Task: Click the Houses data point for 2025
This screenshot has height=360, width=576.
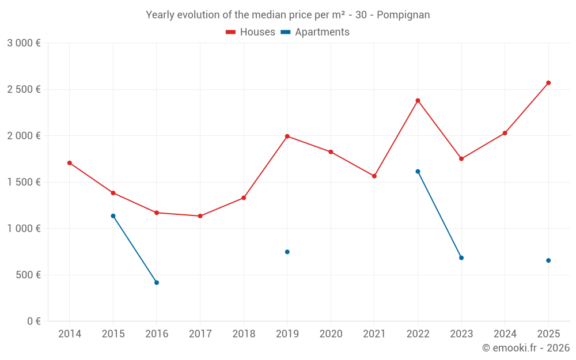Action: click(x=548, y=83)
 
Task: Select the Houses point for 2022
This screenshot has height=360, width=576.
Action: click(x=418, y=100)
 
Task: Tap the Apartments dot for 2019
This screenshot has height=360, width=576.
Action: click(x=287, y=252)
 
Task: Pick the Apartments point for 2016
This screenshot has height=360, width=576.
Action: click(x=157, y=282)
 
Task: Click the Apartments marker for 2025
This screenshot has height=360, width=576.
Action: click(x=548, y=260)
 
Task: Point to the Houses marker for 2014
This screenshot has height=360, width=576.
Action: click(x=70, y=163)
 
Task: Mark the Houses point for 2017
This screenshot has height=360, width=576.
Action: click(x=200, y=216)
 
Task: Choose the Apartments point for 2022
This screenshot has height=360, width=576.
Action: click(x=418, y=172)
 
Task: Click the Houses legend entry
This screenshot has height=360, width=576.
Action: click(x=251, y=32)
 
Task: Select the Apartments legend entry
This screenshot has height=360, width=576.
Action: click(x=316, y=32)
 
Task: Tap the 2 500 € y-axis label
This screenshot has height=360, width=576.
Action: click(x=24, y=89)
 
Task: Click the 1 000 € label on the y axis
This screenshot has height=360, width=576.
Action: click(x=24, y=229)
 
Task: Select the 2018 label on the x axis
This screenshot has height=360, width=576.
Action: click(x=244, y=334)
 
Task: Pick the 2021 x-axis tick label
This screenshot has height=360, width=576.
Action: click(x=374, y=334)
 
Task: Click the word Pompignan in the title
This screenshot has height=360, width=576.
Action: click(x=403, y=15)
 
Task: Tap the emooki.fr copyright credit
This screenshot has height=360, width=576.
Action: click(x=525, y=348)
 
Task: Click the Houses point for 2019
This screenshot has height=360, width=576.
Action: click(x=287, y=137)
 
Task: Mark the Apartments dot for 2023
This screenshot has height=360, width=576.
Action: click(x=461, y=257)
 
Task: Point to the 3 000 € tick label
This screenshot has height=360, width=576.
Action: click(x=24, y=43)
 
